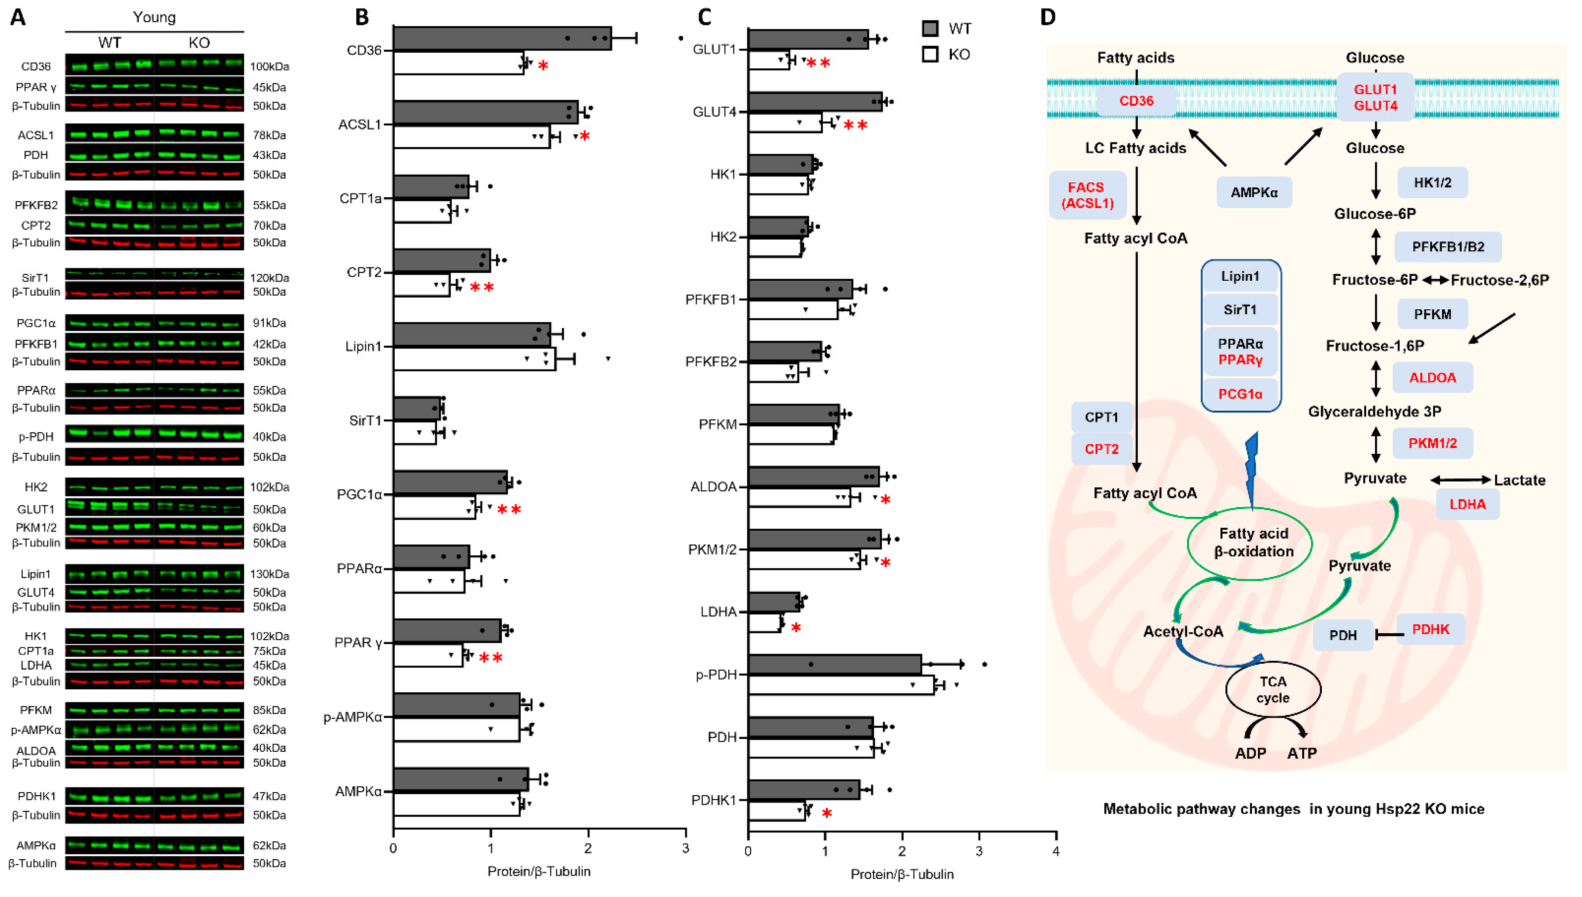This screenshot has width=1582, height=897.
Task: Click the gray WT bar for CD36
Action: [x=502, y=38]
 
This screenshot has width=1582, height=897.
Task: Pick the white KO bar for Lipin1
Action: [x=475, y=358]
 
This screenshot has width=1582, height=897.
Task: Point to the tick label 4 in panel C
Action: [x=1056, y=851]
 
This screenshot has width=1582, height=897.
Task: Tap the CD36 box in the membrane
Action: [x=1136, y=100]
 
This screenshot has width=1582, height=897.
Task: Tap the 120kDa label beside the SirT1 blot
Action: [x=269, y=278]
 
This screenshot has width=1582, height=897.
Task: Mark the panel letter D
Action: [x=1048, y=17]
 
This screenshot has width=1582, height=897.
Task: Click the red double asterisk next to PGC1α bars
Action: [x=509, y=510]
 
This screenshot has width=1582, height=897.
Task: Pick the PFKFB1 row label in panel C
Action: [x=711, y=299]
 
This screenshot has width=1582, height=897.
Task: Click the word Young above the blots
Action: [x=154, y=17]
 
